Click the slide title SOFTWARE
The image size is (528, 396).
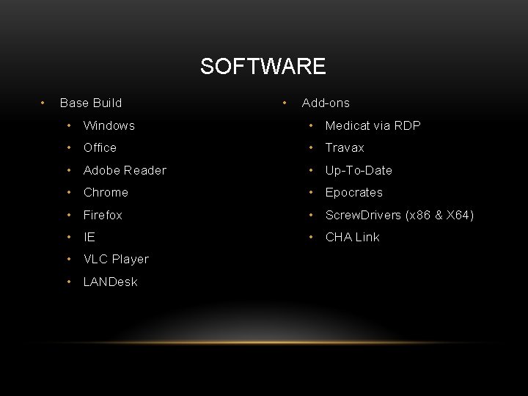(263, 67)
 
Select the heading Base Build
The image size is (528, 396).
(91, 103)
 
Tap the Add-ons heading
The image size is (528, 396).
(326, 103)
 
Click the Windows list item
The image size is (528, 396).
(109, 125)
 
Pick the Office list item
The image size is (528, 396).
(100, 147)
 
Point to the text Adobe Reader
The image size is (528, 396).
(125, 170)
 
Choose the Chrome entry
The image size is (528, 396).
(106, 192)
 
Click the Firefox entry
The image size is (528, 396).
(103, 215)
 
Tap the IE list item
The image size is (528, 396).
(89, 237)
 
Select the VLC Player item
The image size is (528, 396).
(116, 259)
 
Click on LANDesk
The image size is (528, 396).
(110, 282)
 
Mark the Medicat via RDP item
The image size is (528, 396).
(373, 125)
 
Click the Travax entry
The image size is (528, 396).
(345, 147)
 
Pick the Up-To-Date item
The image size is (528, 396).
(359, 170)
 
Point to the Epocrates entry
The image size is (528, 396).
(353, 192)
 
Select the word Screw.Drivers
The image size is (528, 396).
(363, 215)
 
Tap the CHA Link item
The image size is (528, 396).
(352, 237)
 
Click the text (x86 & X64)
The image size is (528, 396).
(439, 215)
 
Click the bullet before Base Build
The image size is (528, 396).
(45, 103)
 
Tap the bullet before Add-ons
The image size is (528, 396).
(285, 103)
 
